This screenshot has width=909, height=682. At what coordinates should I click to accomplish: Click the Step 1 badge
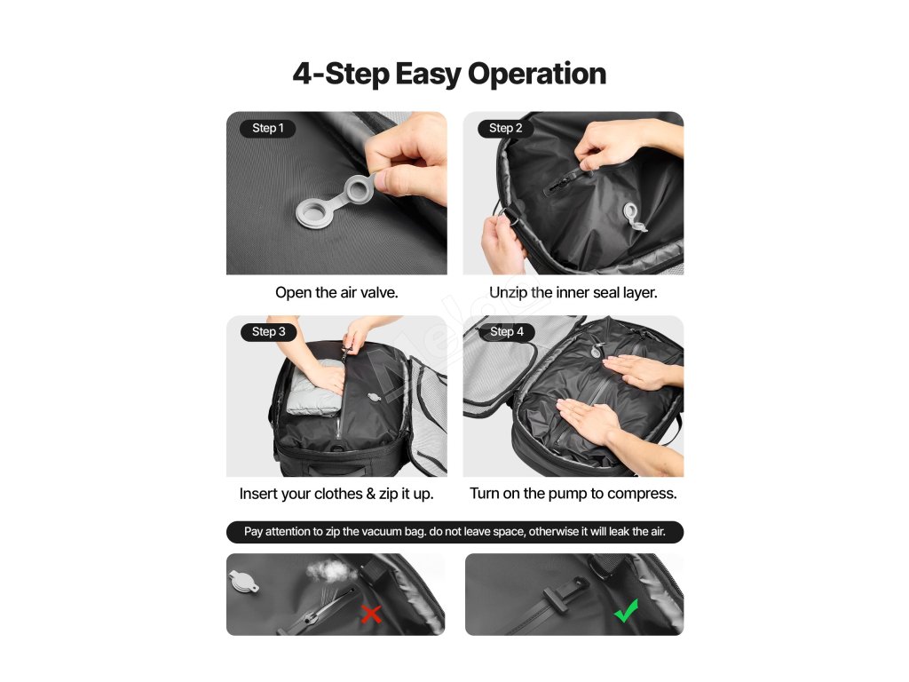pyautogui.click(x=268, y=128)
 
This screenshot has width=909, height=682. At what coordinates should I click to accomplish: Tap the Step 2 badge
pyautogui.click(x=505, y=128)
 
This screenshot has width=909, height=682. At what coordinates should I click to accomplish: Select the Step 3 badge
pyautogui.click(x=268, y=332)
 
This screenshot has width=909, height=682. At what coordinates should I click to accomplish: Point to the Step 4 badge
pyautogui.click(x=507, y=332)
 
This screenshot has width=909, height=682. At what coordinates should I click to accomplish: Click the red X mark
pyautogui.click(x=371, y=614)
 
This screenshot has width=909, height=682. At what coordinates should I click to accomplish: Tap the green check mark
pyautogui.click(x=626, y=611)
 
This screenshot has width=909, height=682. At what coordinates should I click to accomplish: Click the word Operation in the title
pyautogui.click(x=537, y=75)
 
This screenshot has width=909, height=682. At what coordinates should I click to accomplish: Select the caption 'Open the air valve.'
pyautogui.click(x=336, y=293)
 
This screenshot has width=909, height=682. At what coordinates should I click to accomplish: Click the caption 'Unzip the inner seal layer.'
pyautogui.click(x=573, y=293)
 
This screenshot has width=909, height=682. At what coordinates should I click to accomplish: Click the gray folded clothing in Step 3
pyautogui.click(x=312, y=388)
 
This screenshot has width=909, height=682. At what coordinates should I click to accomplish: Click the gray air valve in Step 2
pyautogui.click(x=633, y=217)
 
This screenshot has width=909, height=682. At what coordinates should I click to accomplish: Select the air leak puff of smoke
pyautogui.click(x=331, y=572)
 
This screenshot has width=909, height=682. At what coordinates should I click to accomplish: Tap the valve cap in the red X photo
pyautogui.click(x=243, y=582)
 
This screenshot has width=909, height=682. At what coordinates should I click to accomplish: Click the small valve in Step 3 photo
pyautogui.click(x=375, y=398)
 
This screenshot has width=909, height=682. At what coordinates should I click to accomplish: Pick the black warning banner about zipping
pyautogui.click(x=455, y=532)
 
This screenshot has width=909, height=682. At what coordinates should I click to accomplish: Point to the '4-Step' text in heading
pyautogui.click(x=341, y=75)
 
